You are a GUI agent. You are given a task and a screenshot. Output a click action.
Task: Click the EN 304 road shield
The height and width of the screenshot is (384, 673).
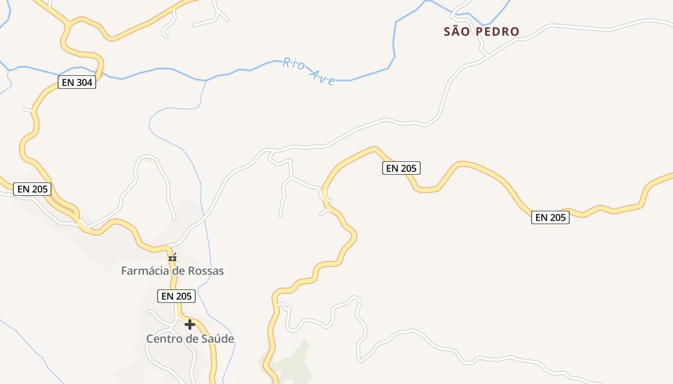(77, 82)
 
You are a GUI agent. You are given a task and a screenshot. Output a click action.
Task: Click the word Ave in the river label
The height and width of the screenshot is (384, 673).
(322, 77)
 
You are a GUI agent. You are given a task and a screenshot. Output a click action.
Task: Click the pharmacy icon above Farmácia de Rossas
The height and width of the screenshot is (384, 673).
(173, 258)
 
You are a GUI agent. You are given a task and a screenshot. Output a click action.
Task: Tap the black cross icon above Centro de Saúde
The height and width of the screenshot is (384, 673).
(190, 324)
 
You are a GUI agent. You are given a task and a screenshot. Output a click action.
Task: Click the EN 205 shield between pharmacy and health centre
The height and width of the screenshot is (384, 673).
(177, 296)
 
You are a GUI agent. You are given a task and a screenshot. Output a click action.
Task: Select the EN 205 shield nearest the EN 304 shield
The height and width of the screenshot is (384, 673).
(32, 189)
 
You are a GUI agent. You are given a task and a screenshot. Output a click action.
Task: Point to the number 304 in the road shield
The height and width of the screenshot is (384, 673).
(84, 82)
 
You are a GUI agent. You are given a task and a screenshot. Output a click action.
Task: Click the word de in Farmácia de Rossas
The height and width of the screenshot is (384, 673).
(179, 271)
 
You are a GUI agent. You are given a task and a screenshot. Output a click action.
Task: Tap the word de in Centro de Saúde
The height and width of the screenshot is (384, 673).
(192, 339)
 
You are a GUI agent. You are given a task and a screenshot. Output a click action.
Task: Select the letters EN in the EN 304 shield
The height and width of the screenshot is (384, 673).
(68, 82)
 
